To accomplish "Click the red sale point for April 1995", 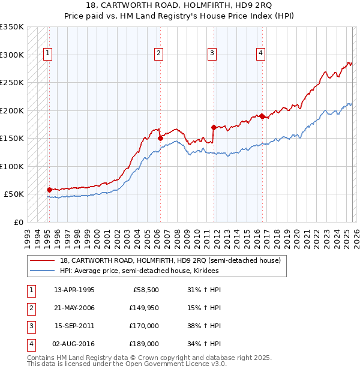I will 49,190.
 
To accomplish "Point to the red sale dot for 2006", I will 160,138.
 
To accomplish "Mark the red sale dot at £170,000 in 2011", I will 214,127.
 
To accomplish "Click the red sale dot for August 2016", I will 262,116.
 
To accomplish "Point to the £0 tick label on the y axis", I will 18,222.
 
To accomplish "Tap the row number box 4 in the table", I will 31,344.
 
